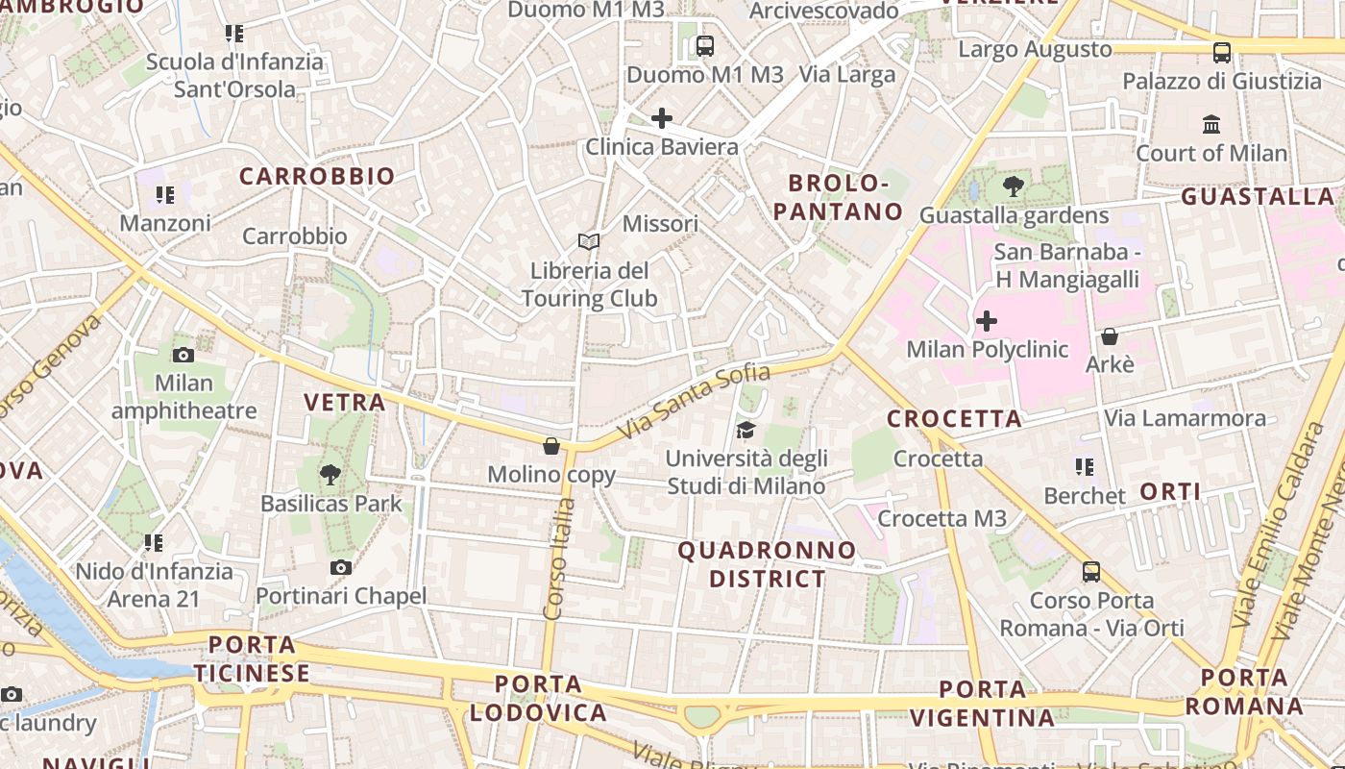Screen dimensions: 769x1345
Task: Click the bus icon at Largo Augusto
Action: click(x=1221, y=53)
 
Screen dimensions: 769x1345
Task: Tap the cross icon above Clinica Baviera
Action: click(x=661, y=118)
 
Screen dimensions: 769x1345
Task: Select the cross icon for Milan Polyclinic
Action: click(x=987, y=320)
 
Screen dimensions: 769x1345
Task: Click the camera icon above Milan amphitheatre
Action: click(x=183, y=355)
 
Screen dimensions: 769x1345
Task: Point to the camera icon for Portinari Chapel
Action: click(x=340, y=568)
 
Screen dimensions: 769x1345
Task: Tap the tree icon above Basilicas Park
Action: click(x=330, y=474)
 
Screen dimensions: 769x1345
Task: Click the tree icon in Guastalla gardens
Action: click(x=1013, y=186)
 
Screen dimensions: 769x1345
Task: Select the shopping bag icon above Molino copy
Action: click(x=551, y=446)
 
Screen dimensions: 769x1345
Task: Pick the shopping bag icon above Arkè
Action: click(x=1110, y=336)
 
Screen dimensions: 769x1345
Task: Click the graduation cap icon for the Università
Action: click(x=746, y=430)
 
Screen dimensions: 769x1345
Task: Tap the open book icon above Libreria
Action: click(x=589, y=242)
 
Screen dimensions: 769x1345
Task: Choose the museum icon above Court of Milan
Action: click(x=1211, y=124)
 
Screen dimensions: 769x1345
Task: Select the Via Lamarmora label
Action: click(x=1185, y=418)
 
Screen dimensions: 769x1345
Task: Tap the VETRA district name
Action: click(x=345, y=402)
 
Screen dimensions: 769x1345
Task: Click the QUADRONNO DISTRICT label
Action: click(x=767, y=564)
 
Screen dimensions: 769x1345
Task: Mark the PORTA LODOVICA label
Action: click(x=538, y=699)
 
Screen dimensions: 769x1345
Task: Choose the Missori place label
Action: click(x=660, y=224)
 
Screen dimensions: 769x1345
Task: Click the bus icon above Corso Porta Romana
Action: click(x=1091, y=572)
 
